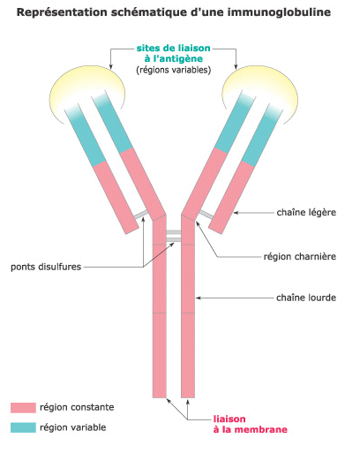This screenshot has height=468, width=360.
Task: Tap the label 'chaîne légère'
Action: [x=306, y=213]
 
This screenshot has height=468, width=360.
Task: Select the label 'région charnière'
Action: [x=300, y=256]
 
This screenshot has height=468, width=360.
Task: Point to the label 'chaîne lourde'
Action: [x=306, y=298]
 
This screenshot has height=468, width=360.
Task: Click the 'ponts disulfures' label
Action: [x=46, y=267]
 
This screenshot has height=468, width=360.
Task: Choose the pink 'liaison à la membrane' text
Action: [x=251, y=424]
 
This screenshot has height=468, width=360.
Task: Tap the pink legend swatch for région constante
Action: [x=23, y=408]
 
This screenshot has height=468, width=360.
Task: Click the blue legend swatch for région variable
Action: [x=23, y=427]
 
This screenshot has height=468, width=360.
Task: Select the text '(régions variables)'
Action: [x=174, y=70]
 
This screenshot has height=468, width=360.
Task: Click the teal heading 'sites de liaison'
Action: [x=174, y=48]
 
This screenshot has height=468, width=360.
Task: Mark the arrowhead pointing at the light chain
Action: [x=236, y=213]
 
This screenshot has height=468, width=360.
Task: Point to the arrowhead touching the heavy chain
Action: [x=198, y=298]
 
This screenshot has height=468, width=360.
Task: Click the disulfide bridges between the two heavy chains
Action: [x=174, y=236]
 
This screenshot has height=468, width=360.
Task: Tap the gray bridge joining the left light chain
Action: [x=140, y=215]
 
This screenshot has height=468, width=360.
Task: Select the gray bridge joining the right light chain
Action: [x=206, y=215]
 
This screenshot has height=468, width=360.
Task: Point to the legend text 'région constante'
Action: [x=77, y=407]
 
